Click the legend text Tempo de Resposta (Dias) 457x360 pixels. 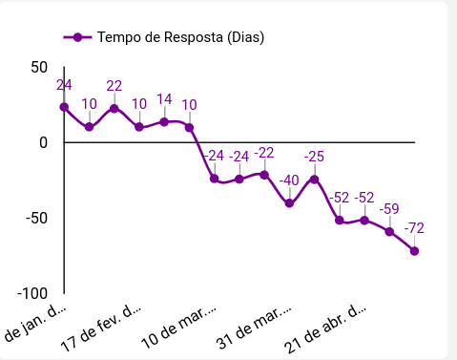180,37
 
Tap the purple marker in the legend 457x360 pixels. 77,37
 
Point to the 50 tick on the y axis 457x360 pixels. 39,68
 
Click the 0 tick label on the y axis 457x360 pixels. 43,142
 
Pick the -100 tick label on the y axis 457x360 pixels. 31,292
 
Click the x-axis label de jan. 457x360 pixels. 36,322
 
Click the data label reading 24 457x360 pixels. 64,85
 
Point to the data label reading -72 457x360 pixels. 414,228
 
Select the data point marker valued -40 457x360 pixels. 289,203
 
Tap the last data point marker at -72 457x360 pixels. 414,251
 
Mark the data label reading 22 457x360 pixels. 114,86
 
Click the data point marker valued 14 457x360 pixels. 164,122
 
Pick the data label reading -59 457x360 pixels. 389,209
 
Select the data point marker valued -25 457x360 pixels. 314,180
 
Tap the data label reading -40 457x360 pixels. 289,180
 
